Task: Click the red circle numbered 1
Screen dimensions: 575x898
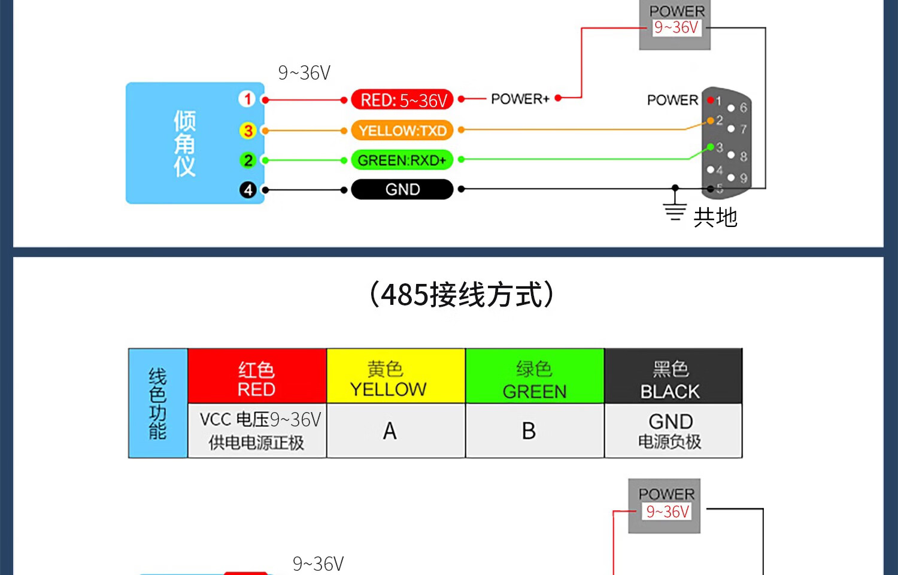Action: (x=247, y=99)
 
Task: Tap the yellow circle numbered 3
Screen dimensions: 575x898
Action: (x=247, y=130)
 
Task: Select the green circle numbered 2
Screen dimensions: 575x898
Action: (x=247, y=160)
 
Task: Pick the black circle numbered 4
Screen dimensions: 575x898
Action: (x=247, y=190)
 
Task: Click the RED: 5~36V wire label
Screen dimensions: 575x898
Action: (x=402, y=99)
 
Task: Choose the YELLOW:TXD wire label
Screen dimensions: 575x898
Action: (x=402, y=130)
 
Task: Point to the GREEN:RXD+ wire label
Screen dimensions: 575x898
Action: (x=402, y=160)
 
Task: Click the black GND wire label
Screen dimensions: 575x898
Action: (x=402, y=189)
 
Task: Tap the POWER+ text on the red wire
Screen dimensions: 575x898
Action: (x=520, y=99)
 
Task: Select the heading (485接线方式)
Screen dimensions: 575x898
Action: (x=462, y=294)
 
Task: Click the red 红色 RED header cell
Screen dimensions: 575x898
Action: (x=257, y=376)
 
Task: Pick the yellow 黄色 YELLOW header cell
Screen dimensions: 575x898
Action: (x=396, y=376)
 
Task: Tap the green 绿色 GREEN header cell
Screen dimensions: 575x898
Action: (x=535, y=376)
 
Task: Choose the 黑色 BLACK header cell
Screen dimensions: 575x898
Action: (x=673, y=376)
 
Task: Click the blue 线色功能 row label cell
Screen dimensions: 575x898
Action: (x=158, y=403)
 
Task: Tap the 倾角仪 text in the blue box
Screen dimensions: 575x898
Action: (x=185, y=143)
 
